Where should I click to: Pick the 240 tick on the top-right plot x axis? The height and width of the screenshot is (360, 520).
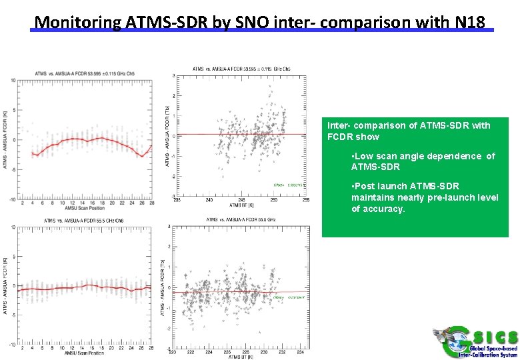point(209,199)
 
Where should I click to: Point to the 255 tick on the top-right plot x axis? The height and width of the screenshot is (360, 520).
point(306,199)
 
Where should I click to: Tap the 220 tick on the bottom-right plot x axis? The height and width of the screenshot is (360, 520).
point(173,353)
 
